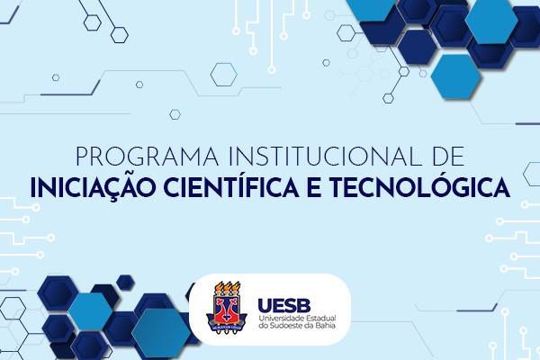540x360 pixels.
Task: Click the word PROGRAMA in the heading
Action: coord(147,157)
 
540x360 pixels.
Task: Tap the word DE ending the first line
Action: coord(449,157)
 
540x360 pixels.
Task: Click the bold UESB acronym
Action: coord(284,305)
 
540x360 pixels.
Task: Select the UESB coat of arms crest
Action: coord(226,308)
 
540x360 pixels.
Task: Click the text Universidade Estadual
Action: coord(297,318)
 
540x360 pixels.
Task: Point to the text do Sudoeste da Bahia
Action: coord(297,325)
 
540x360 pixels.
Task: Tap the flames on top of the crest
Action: coord(227,287)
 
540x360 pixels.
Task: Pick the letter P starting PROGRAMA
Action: coord(82,157)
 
